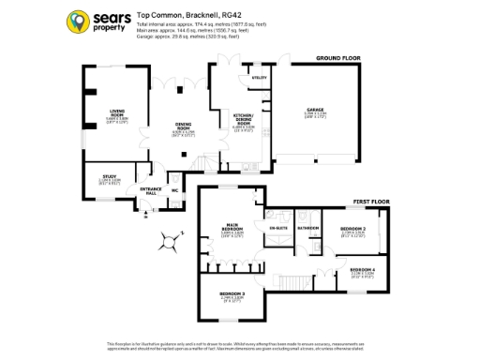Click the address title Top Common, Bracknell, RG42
coord(182,15)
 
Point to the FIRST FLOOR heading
coord(370,202)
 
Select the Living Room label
coord(116,113)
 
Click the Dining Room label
coord(183,127)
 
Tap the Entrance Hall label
coord(151,190)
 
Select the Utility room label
coord(260,78)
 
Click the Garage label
coord(315,111)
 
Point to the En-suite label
coord(277,228)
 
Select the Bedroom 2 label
coord(352,229)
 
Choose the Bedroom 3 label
coord(232,294)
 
